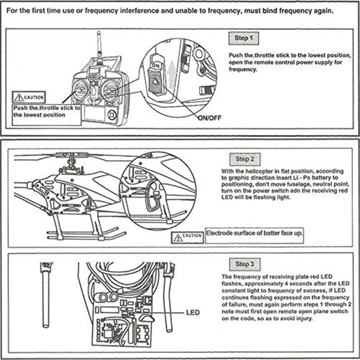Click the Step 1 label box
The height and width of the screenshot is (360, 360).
point(244,38)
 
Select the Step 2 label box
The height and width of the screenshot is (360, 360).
point(245,159)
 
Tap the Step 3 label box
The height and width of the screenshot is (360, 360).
point(245,264)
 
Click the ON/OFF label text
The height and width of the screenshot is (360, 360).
point(210,117)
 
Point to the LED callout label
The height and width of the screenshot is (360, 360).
point(193,312)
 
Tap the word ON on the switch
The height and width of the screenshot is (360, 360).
point(155,66)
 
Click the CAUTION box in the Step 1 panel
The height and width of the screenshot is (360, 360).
point(29,97)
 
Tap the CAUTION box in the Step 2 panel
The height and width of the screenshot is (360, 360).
point(188,236)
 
